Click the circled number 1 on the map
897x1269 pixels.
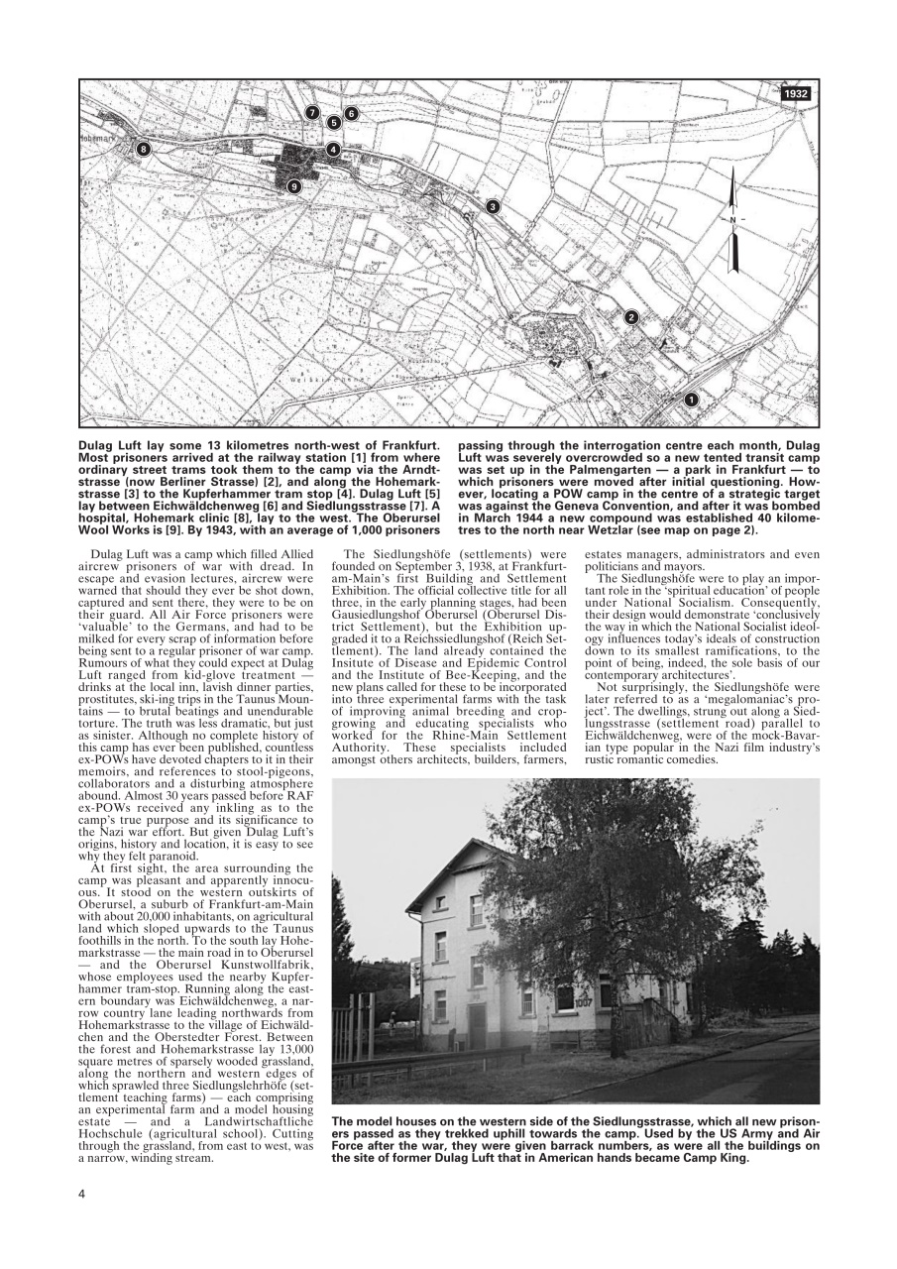(692, 400)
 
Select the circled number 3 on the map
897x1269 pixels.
(492, 206)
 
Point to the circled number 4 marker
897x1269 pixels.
(333, 150)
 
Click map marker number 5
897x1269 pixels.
(334, 122)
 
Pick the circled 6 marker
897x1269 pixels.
(351, 114)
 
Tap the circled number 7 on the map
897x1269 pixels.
(312, 112)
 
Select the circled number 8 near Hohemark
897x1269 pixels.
(144, 150)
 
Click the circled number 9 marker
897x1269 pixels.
(293, 186)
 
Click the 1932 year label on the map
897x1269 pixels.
(795, 93)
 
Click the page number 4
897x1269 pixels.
(82, 1192)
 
